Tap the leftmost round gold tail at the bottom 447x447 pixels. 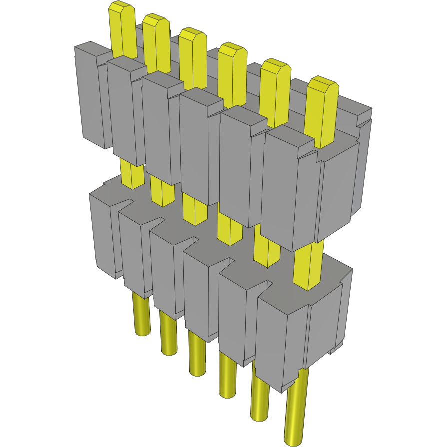tap(141, 315)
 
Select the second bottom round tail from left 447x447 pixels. tap(168, 335)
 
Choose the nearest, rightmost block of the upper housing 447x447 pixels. tap(290, 190)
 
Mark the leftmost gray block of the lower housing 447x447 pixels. tap(102, 232)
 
